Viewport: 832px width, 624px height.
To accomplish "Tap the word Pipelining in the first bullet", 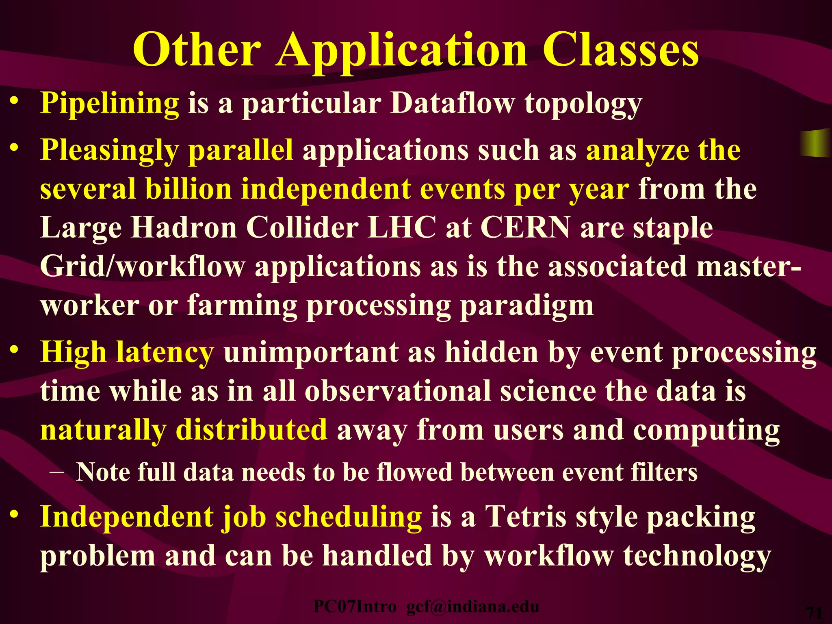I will (x=110, y=103).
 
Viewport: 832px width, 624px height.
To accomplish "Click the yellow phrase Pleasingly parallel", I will (x=167, y=150).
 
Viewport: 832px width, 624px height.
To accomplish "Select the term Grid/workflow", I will (x=143, y=267).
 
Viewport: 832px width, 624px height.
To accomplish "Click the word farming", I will (x=242, y=305).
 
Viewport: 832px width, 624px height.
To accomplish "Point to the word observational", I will (x=398, y=391).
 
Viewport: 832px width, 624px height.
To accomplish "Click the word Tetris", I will (x=526, y=517).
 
